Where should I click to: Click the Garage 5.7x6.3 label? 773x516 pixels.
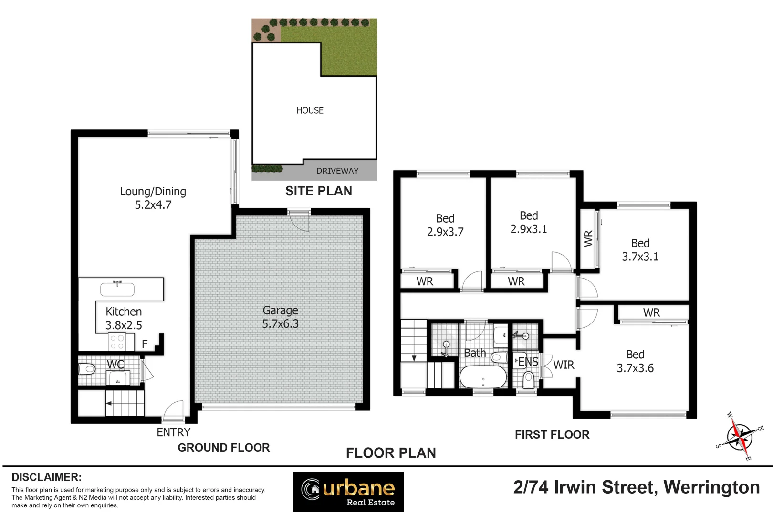(280, 317)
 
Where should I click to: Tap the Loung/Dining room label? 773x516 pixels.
(153, 198)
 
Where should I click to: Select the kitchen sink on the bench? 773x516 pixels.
(117, 289)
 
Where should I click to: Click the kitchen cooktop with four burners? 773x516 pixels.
(117, 342)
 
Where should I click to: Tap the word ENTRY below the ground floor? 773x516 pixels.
(173, 432)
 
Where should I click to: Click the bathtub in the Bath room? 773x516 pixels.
(483, 377)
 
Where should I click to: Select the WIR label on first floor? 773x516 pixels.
(564, 365)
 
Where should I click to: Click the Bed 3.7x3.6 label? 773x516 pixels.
(635, 361)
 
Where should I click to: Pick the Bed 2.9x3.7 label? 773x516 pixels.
(445, 225)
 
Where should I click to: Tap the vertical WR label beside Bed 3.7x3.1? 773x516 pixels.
(588, 238)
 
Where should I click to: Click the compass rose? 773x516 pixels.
(739, 436)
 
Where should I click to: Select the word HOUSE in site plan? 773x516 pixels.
(310, 110)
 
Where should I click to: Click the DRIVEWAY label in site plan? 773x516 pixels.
(337, 171)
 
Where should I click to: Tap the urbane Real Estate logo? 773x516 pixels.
(348, 492)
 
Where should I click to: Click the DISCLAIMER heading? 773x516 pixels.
(46, 477)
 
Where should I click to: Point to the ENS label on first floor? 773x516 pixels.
(528, 362)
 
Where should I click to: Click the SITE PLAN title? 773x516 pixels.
(318, 191)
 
